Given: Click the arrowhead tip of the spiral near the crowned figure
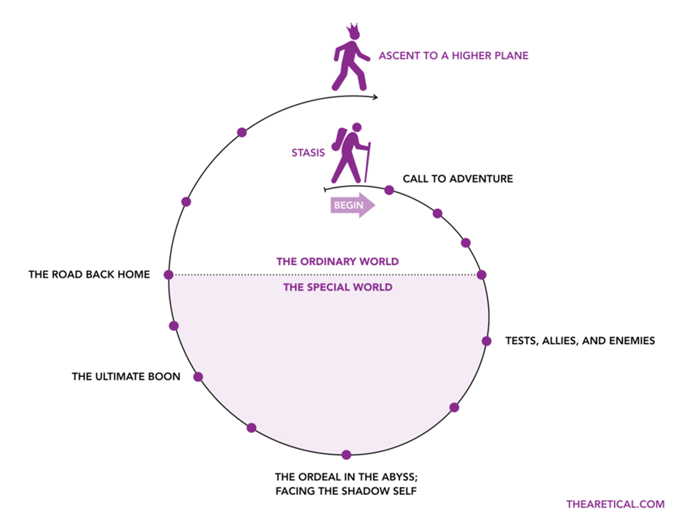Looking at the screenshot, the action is pos(378,97).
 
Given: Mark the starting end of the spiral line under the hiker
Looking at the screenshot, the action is pos(325,190).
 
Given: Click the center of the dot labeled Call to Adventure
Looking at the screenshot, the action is pos(389,190).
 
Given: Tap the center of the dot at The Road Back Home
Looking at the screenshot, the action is pos(169,274).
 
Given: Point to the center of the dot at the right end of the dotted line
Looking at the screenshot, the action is pos(481,274).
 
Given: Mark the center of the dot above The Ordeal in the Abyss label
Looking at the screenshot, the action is pos(346,455).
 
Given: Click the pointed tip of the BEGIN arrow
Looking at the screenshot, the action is pos(375,205).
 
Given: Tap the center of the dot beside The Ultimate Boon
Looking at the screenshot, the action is pos(198,377).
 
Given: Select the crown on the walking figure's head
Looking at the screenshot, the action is pos(352,31).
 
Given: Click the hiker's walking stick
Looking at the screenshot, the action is pos(367,162).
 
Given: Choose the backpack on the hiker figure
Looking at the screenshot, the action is pos(338,139).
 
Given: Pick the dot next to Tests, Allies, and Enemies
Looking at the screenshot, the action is pos(486,341).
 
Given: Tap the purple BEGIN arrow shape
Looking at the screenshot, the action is pos(352,205).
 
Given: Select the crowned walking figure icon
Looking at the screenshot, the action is pos(350,57).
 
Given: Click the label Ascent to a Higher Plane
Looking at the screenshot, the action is pos(453,56).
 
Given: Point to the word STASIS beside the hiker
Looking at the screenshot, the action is pos(308,153).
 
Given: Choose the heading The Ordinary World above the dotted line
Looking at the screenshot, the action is pos(338,261).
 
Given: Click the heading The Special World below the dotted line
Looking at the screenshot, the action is pos(338,287).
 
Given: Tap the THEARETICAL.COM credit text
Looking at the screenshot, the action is pos(615,504).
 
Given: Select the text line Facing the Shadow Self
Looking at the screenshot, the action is pos(346,491).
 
